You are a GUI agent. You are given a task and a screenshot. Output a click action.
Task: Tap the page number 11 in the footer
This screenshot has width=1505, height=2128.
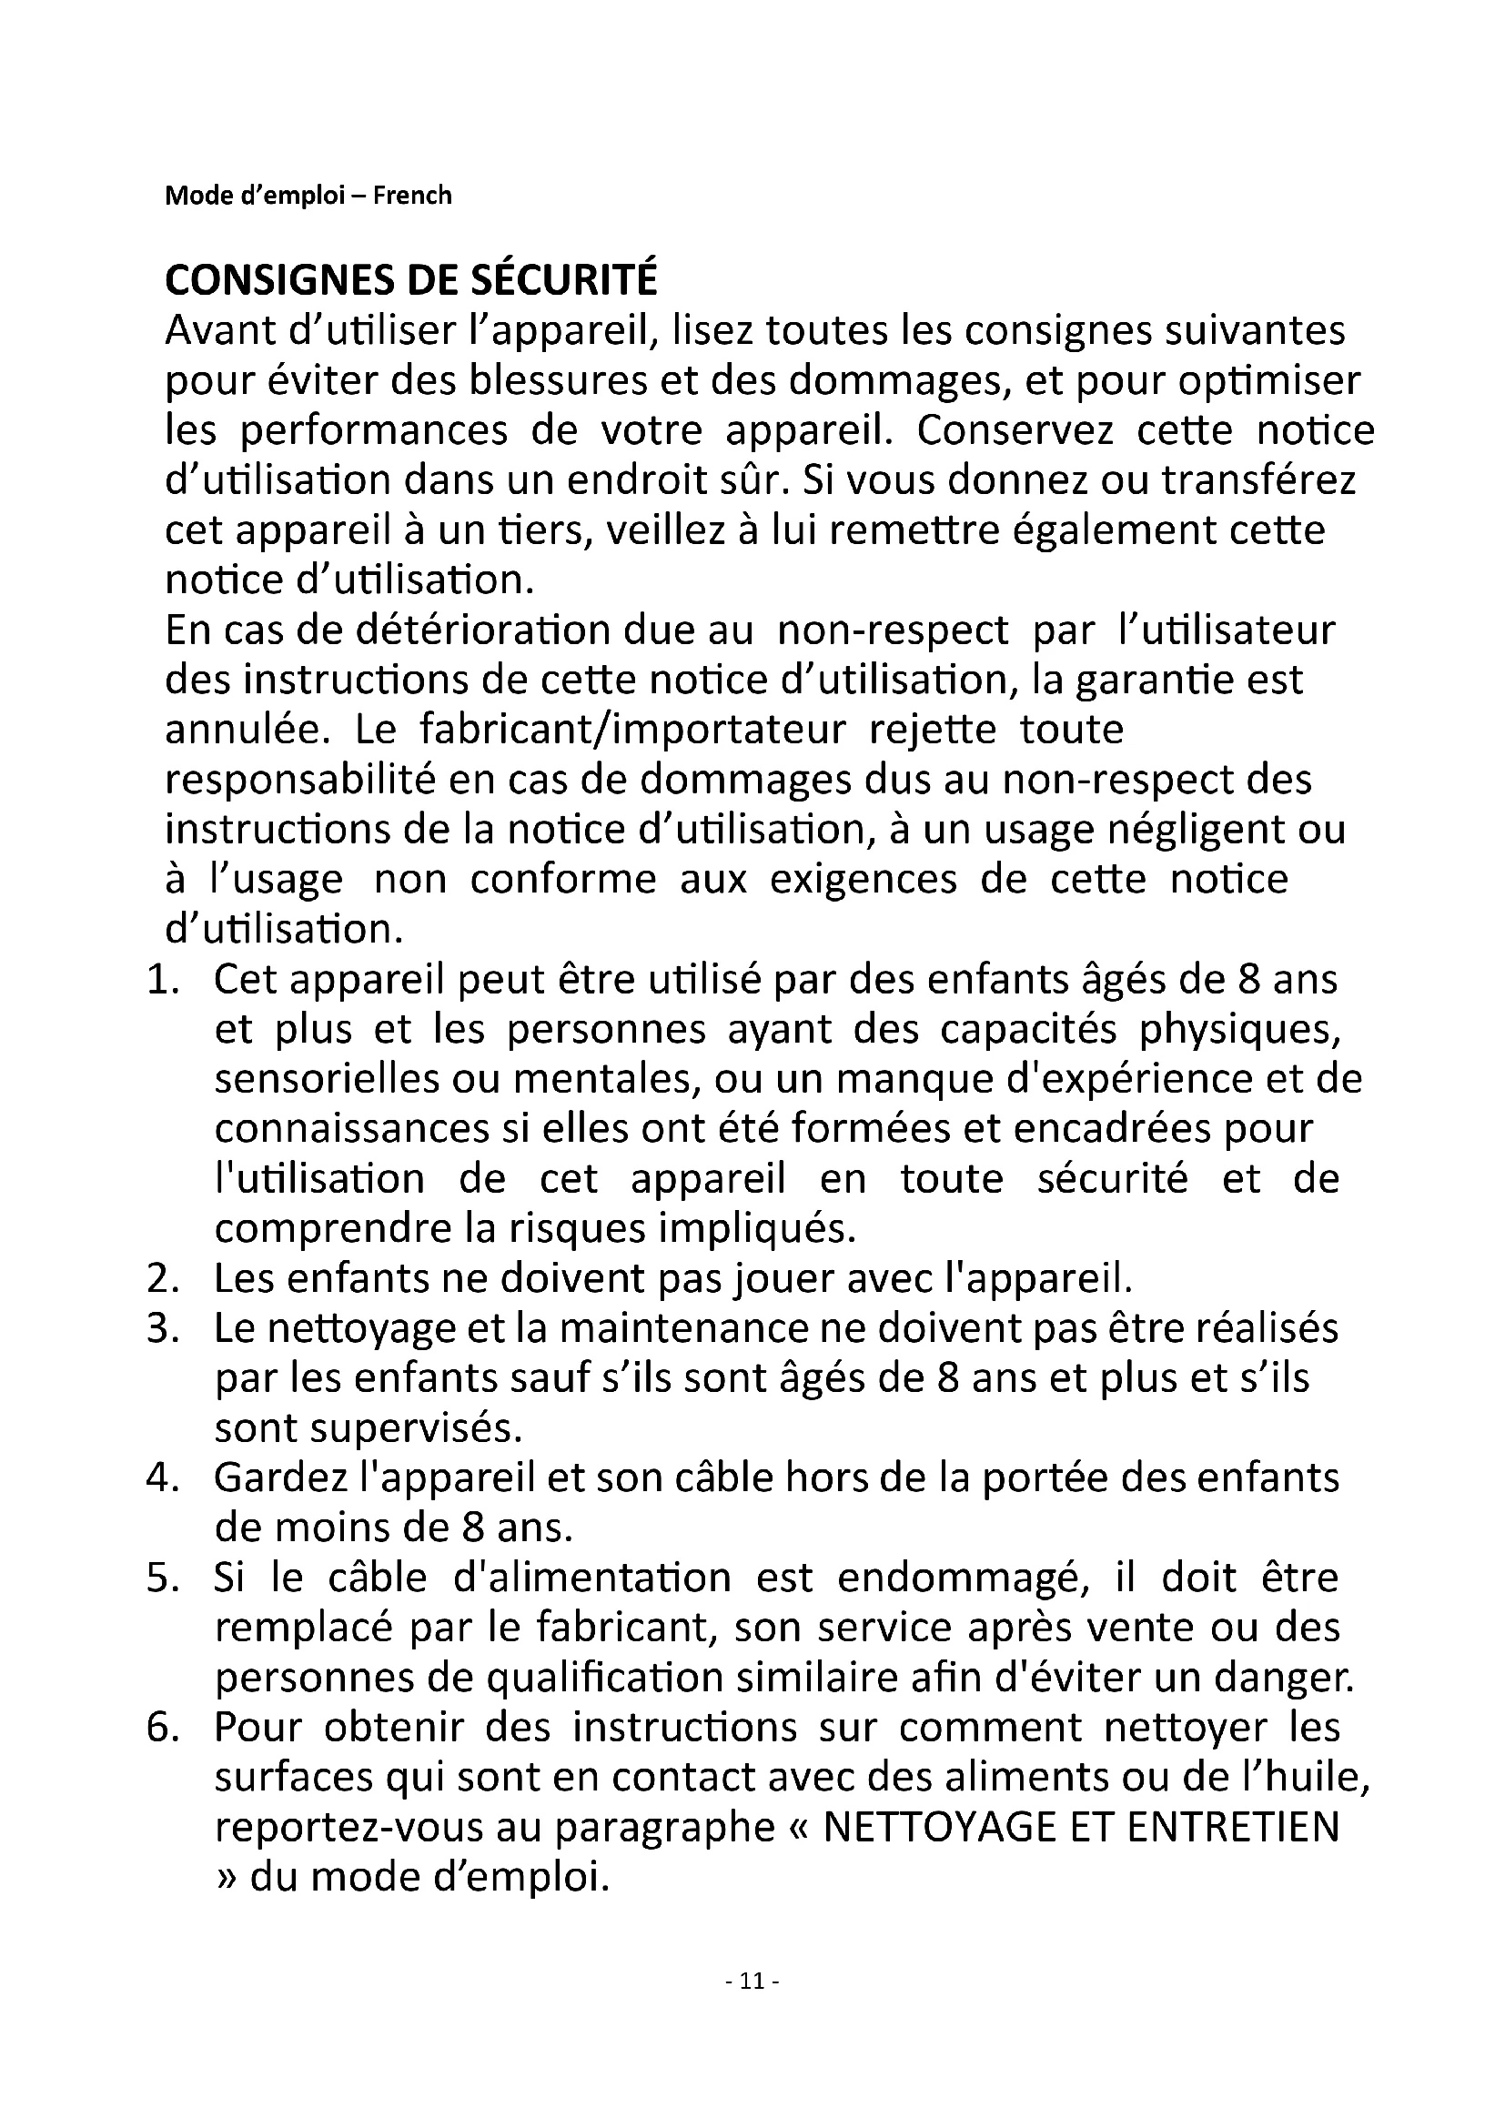[752, 1981]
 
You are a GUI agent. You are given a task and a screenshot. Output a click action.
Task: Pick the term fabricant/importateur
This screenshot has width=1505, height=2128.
[633, 731]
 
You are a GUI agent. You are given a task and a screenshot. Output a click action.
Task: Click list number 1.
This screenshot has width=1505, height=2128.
[162, 980]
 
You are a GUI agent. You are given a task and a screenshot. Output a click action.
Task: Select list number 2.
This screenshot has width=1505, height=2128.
[162, 1279]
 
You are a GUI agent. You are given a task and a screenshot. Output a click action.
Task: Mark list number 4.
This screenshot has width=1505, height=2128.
[162, 1478]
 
